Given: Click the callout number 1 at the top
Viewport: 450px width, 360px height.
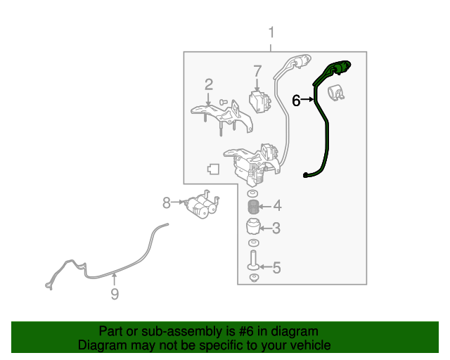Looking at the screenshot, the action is (x=271, y=33).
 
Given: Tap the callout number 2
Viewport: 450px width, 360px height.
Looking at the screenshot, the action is (x=209, y=84).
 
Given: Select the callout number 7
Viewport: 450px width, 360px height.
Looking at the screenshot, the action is (x=257, y=72).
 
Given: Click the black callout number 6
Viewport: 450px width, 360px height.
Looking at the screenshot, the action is (x=296, y=101).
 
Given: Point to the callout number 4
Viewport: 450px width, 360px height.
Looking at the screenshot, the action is (x=277, y=206).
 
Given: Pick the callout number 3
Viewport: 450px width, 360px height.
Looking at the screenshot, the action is (x=276, y=228).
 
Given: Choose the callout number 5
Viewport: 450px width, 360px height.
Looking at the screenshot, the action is (x=276, y=268).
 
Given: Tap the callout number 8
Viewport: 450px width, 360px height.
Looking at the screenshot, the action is (x=167, y=202).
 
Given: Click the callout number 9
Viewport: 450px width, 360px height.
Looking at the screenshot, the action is (x=115, y=294).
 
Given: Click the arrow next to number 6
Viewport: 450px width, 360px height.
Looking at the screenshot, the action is (x=308, y=99).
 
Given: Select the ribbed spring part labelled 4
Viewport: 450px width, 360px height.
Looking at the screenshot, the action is (x=253, y=207).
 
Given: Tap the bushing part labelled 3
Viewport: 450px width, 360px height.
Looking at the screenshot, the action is (x=253, y=227).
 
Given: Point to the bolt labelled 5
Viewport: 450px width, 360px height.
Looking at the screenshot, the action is (x=253, y=260).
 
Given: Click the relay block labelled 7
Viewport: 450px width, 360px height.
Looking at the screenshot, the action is (x=260, y=102).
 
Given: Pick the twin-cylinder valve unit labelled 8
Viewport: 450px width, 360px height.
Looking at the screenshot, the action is (x=202, y=205).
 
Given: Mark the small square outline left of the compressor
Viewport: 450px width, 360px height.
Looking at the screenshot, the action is (x=213, y=169).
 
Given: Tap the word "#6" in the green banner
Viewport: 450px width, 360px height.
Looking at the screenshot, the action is (x=246, y=331).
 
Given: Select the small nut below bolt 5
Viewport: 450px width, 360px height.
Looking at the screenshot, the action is (x=254, y=278).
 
